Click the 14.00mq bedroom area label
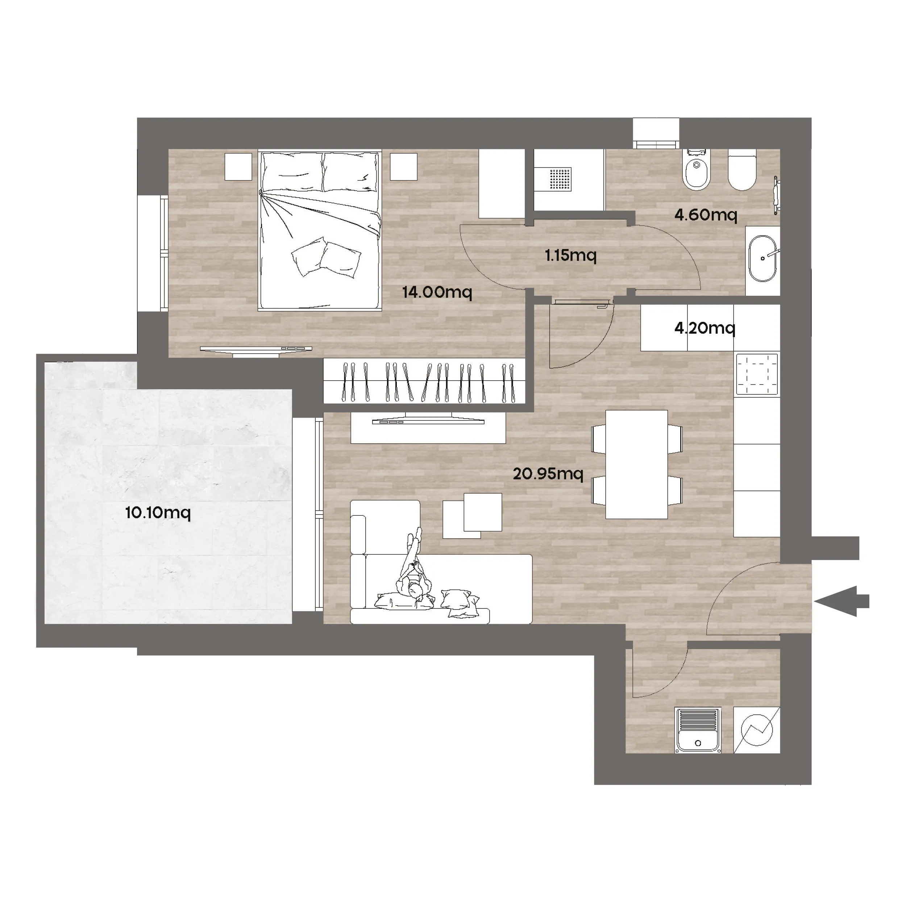click(x=437, y=292)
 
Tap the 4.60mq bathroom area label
click(x=706, y=215)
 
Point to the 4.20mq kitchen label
click(x=705, y=328)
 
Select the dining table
click(x=636, y=464)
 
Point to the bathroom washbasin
click(x=763, y=258)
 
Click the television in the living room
click(x=428, y=421)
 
